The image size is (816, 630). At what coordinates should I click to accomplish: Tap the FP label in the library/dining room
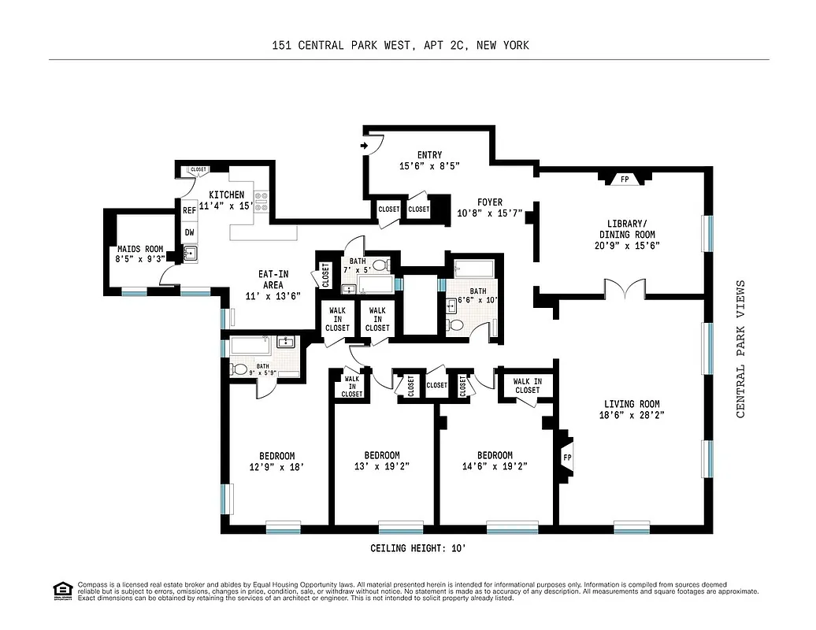click(x=625, y=180)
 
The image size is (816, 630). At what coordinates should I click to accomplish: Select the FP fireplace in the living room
click(x=566, y=458)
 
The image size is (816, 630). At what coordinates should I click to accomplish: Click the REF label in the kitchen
click(x=190, y=211)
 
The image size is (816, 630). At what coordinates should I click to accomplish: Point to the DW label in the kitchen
click(x=190, y=233)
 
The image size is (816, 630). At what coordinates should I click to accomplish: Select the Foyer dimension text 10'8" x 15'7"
click(x=489, y=213)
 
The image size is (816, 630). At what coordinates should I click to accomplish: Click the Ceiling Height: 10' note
click(x=424, y=548)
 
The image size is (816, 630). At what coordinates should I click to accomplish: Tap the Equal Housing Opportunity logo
click(x=61, y=590)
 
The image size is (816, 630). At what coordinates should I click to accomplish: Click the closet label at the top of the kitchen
click(x=198, y=169)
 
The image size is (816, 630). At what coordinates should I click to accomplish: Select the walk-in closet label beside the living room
click(x=527, y=386)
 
